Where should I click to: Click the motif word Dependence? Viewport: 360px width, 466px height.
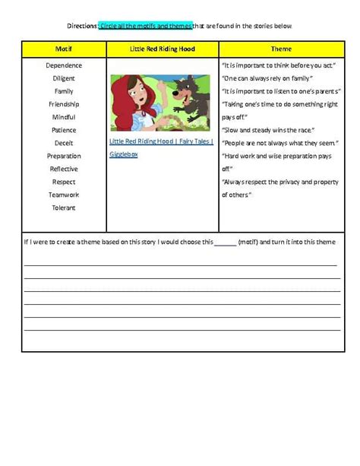pos(64,65)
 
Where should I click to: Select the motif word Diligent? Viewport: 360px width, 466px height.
pos(64,78)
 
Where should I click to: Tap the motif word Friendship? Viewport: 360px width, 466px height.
pos(64,104)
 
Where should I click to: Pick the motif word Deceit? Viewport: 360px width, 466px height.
pos(64,143)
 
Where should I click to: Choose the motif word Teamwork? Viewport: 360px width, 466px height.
pos(64,195)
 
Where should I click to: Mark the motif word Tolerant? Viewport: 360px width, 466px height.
pos(64,208)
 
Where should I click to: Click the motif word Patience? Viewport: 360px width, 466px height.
pos(64,130)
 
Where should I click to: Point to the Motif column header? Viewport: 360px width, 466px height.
pos(64,49)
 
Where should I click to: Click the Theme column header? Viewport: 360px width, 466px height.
pos(281,49)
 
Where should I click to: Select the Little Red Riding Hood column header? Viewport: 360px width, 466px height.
pos(163,49)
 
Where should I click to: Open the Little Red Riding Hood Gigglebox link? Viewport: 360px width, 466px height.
pos(161,141)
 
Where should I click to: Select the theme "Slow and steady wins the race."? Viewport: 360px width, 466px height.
pos(264,130)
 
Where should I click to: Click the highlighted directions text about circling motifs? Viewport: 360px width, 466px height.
pos(146,26)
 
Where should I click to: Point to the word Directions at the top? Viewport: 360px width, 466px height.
pos(81,26)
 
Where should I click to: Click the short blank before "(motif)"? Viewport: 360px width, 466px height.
pos(225,243)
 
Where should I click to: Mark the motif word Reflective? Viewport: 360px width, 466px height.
pos(64,169)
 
